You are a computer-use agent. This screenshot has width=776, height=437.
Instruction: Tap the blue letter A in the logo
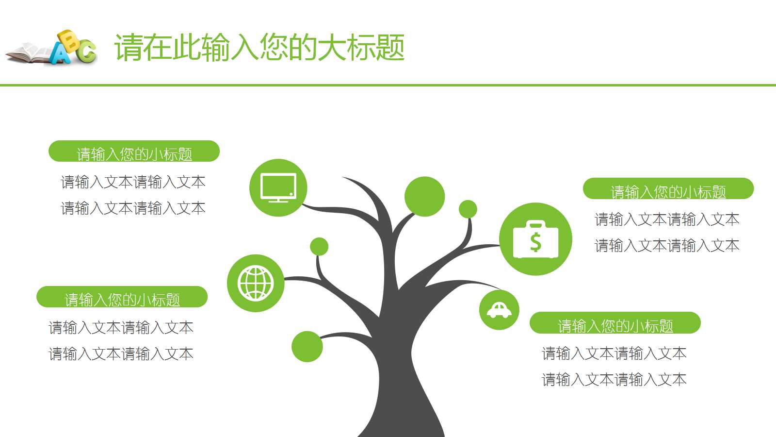pyautogui.click(x=61, y=54)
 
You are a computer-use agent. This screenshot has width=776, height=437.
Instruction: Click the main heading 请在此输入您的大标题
pyautogui.click(x=259, y=48)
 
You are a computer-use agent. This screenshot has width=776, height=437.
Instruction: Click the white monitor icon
pyautogui.click(x=278, y=187)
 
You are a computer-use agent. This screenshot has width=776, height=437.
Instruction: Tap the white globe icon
pyautogui.click(x=256, y=283)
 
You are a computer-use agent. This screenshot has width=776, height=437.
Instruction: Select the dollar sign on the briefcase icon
pyautogui.click(x=535, y=241)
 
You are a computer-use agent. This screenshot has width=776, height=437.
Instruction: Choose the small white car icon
pyautogui.click(x=499, y=310)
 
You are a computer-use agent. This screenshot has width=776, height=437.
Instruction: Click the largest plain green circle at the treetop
pyautogui.click(x=424, y=196)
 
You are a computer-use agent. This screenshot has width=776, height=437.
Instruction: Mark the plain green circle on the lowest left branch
pyautogui.click(x=307, y=346)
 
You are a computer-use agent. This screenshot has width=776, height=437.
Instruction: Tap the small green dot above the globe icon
pyautogui.click(x=319, y=247)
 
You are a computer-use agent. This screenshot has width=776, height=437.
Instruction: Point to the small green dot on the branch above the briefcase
pyautogui.click(x=468, y=209)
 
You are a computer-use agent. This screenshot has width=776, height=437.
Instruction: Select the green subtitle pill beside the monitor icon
pyautogui.click(x=134, y=151)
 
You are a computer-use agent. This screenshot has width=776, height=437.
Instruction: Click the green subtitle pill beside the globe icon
pyautogui.click(x=122, y=297)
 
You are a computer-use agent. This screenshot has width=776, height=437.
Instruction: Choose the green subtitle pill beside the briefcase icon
pyautogui.click(x=668, y=189)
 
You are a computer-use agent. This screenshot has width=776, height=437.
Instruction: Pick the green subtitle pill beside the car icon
pyautogui.click(x=615, y=323)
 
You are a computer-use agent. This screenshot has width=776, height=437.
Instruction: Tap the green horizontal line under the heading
pyautogui.click(x=388, y=85)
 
